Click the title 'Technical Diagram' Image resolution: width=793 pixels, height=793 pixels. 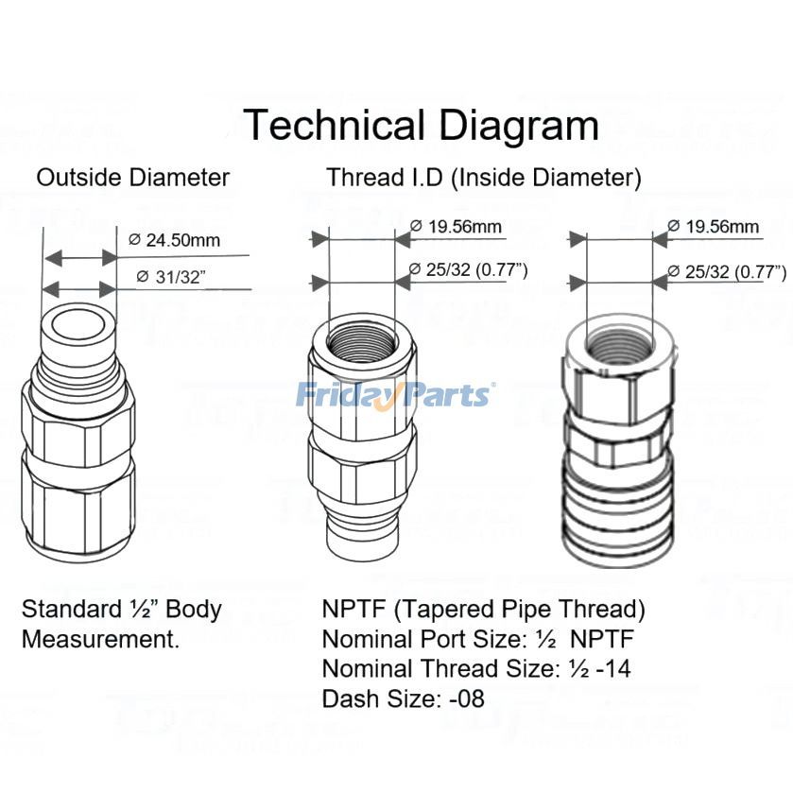pos(422,126)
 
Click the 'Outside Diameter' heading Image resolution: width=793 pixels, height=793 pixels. pos(132,177)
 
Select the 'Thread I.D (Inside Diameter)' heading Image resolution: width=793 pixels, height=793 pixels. pos(484,177)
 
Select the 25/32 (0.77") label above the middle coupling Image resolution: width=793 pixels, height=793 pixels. pos(468,270)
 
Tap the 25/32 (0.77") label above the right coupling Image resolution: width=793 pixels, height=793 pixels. pos(726,272)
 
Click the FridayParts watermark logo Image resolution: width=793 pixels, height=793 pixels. pos(394,393)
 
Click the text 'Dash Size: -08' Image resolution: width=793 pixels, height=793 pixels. pos(403,699)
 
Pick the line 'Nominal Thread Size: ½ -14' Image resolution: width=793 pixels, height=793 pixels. pos(476,669)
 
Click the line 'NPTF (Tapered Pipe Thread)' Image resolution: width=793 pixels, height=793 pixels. pos(483,608)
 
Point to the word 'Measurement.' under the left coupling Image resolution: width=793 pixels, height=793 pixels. pos(100,639)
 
